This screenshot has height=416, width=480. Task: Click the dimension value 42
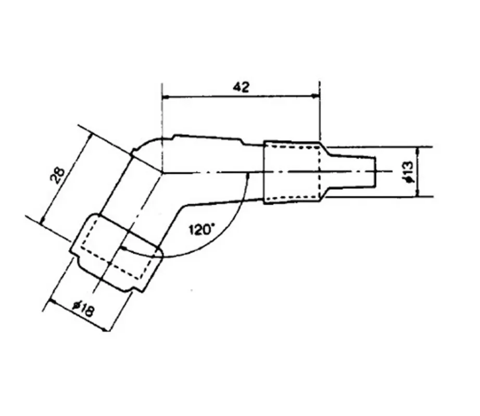click(x=241, y=87)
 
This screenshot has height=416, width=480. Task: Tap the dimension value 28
click(x=58, y=175)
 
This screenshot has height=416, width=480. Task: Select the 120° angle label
click(x=200, y=229)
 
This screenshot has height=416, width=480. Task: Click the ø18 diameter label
click(x=83, y=309)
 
